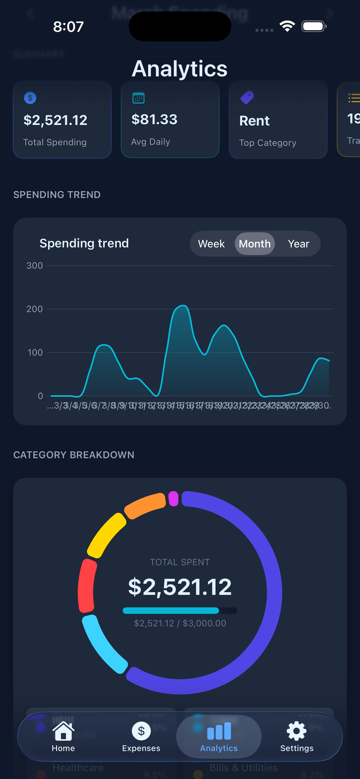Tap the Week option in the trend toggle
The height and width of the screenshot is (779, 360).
click(211, 244)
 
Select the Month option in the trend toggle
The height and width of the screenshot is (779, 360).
click(255, 244)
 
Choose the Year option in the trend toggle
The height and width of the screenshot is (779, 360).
click(298, 244)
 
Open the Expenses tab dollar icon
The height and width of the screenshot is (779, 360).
click(141, 731)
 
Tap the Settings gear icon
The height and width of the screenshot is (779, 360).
click(297, 731)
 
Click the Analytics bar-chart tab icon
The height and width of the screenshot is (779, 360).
click(219, 731)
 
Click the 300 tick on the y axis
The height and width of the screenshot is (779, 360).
click(35, 266)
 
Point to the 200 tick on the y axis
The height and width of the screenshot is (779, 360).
click(35, 309)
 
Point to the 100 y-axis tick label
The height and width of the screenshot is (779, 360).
click(35, 353)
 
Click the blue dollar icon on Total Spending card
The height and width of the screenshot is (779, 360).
click(30, 98)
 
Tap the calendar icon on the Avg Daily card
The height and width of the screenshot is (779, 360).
click(139, 98)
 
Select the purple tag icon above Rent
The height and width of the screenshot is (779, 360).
click(247, 97)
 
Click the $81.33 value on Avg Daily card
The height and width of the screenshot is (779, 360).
click(154, 119)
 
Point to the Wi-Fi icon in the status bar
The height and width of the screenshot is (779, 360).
click(288, 26)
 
